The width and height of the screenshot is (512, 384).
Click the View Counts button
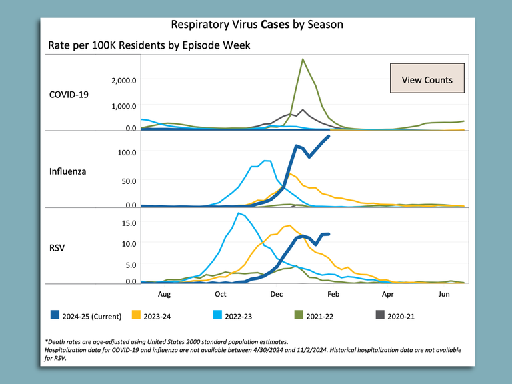427,80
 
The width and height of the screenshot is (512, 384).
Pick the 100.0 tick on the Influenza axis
125,152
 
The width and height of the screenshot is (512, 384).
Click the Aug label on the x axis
165,293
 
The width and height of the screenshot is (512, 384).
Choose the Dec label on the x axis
277,293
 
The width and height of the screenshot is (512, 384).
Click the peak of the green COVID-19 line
303,59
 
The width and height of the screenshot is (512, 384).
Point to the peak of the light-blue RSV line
239,213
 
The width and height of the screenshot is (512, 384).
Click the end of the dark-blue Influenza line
328,137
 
